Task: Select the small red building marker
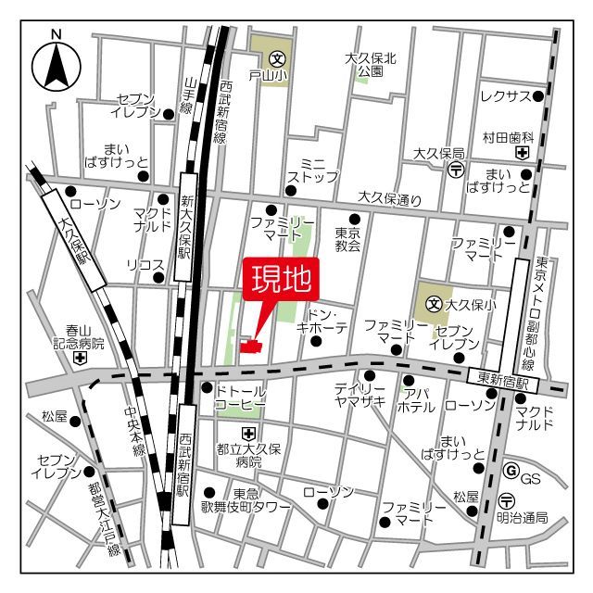251,346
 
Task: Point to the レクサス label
505,96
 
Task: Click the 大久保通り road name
390,197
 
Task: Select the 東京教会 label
347,239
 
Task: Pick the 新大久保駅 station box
185,227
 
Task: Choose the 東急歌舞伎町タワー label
246,500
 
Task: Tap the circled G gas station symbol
510,471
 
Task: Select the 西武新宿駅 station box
184,466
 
